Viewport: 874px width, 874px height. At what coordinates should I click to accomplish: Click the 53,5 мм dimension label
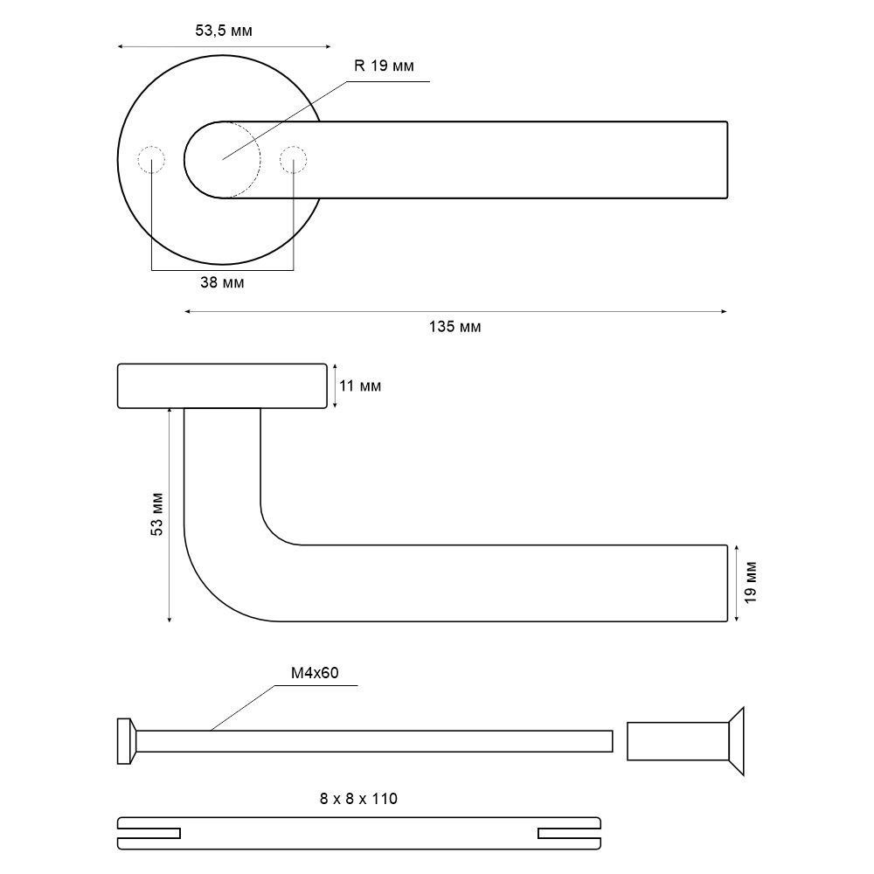tap(224, 31)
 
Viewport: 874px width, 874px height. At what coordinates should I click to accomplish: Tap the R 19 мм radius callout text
tap(384, 66)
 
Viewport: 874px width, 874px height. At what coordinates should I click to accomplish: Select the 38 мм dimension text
tap(222, 282)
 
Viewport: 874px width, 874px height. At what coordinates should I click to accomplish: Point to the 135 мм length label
tap(454, 327)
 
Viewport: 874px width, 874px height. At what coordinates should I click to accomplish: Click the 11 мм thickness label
tap(360, 385)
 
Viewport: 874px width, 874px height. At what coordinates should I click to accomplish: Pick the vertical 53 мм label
tap(157, 514)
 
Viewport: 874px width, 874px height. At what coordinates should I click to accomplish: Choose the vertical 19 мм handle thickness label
tap(750, 582)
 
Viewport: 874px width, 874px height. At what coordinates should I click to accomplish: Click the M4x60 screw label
tap(315, 673)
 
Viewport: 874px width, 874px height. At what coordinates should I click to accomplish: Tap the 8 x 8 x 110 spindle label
tap(358, 799)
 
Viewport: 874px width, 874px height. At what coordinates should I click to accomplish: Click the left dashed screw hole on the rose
tap(151, 160)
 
